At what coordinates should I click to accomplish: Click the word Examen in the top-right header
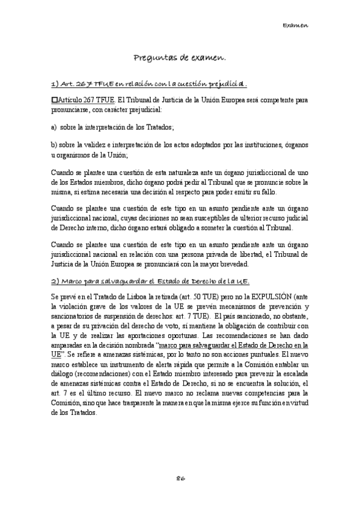(x=295, y=26)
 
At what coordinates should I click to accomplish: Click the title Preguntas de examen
(x=180, y=58)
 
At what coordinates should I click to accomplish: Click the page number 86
(x=180, y=478)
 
